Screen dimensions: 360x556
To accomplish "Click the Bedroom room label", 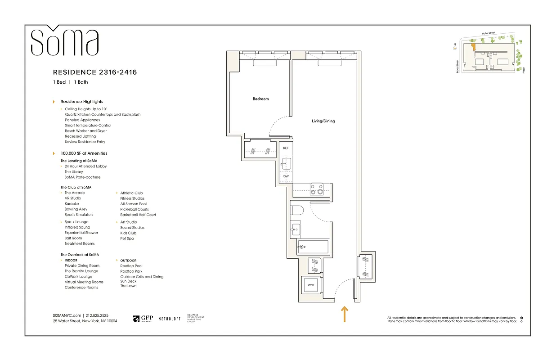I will pyautogui.click(x=260, y=99).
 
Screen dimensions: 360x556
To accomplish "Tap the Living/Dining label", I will pyautogui.click(x=323, y=121).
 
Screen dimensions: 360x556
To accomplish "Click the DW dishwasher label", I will pyautogui.click(x=286, y=176).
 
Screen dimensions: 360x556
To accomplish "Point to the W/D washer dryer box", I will pyautogui.click(x=310, y=285).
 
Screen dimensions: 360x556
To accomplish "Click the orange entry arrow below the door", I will pyautogui.click(x=345, y=314).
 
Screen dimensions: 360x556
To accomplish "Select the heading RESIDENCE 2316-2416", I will pyautogui.click(x=95, y=72).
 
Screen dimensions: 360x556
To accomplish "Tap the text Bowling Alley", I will pyautogui.click(x=76, y=209).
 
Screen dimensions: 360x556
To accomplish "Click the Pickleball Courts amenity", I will pyautogui.click(x=135, y=209).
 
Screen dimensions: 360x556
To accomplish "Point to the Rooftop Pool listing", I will pyautogui.click(x=131, y=266).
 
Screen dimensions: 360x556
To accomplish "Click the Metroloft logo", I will pyautogui.click(x=170, y=319).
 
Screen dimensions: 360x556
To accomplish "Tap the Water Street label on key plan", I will pyautogui.click(x=488, y=33).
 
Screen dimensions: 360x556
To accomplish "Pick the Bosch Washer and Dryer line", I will pyautogui.click(x=86, y=131).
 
